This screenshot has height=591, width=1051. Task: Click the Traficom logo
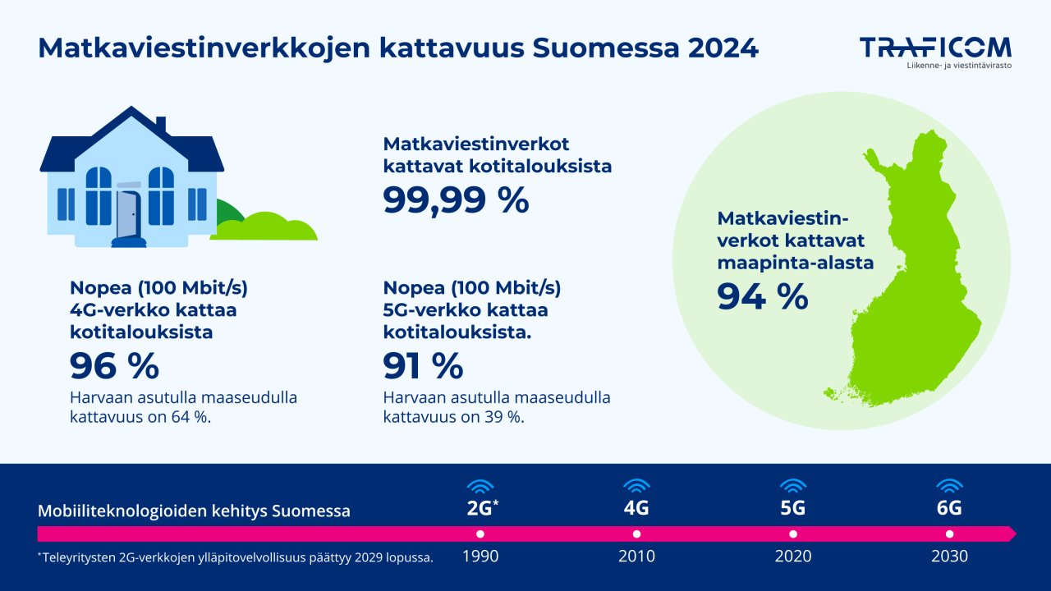935,49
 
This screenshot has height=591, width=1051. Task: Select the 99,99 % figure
456,200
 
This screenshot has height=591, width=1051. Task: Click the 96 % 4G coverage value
114,366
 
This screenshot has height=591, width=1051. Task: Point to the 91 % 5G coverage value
423,366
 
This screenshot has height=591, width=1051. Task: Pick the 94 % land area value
762,296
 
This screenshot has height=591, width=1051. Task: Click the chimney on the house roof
161,124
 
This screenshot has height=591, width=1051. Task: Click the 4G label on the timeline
636,508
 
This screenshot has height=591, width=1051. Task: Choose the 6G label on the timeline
949,508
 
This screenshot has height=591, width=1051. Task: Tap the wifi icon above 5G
792,485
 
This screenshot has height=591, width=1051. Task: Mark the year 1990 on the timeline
480,557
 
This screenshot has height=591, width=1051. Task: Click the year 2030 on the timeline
949,557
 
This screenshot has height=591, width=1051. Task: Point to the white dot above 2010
636,534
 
